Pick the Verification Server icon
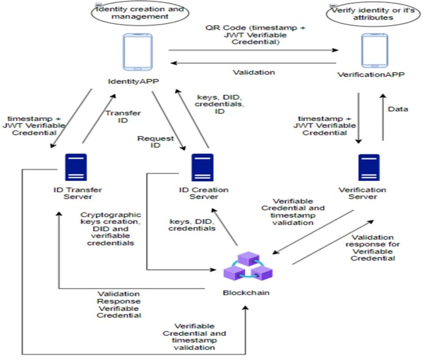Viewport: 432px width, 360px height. [x=369, y=168]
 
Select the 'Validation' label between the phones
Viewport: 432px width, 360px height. [x=254, y=72]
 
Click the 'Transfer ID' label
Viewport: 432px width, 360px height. [x=117, y=116]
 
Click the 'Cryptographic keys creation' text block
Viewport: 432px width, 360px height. [x=110, y=228]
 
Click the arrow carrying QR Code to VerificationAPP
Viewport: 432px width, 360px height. [x=253, y=51]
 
